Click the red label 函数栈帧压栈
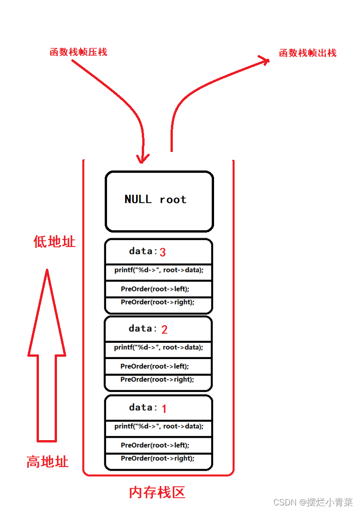[78, 52]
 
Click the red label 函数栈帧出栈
[308, 53]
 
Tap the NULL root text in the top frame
[156, 199]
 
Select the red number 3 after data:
[163, 252]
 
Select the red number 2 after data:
[164, 330]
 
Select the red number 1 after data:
[164, 409]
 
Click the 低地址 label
[54, 241]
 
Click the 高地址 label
[47, 461]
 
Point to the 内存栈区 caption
[157, 492]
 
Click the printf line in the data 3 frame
[159, 270]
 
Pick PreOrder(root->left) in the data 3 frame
[155, 289]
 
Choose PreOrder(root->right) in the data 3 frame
[158, 302]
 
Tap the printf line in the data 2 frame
[158, 347]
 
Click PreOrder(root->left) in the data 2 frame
[155, 366]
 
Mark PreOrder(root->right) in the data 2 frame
[157, 379]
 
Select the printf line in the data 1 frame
[159, 426]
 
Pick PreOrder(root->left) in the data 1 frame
[155, 445]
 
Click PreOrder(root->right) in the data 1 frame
[158, 458]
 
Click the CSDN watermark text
[313, 502]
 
